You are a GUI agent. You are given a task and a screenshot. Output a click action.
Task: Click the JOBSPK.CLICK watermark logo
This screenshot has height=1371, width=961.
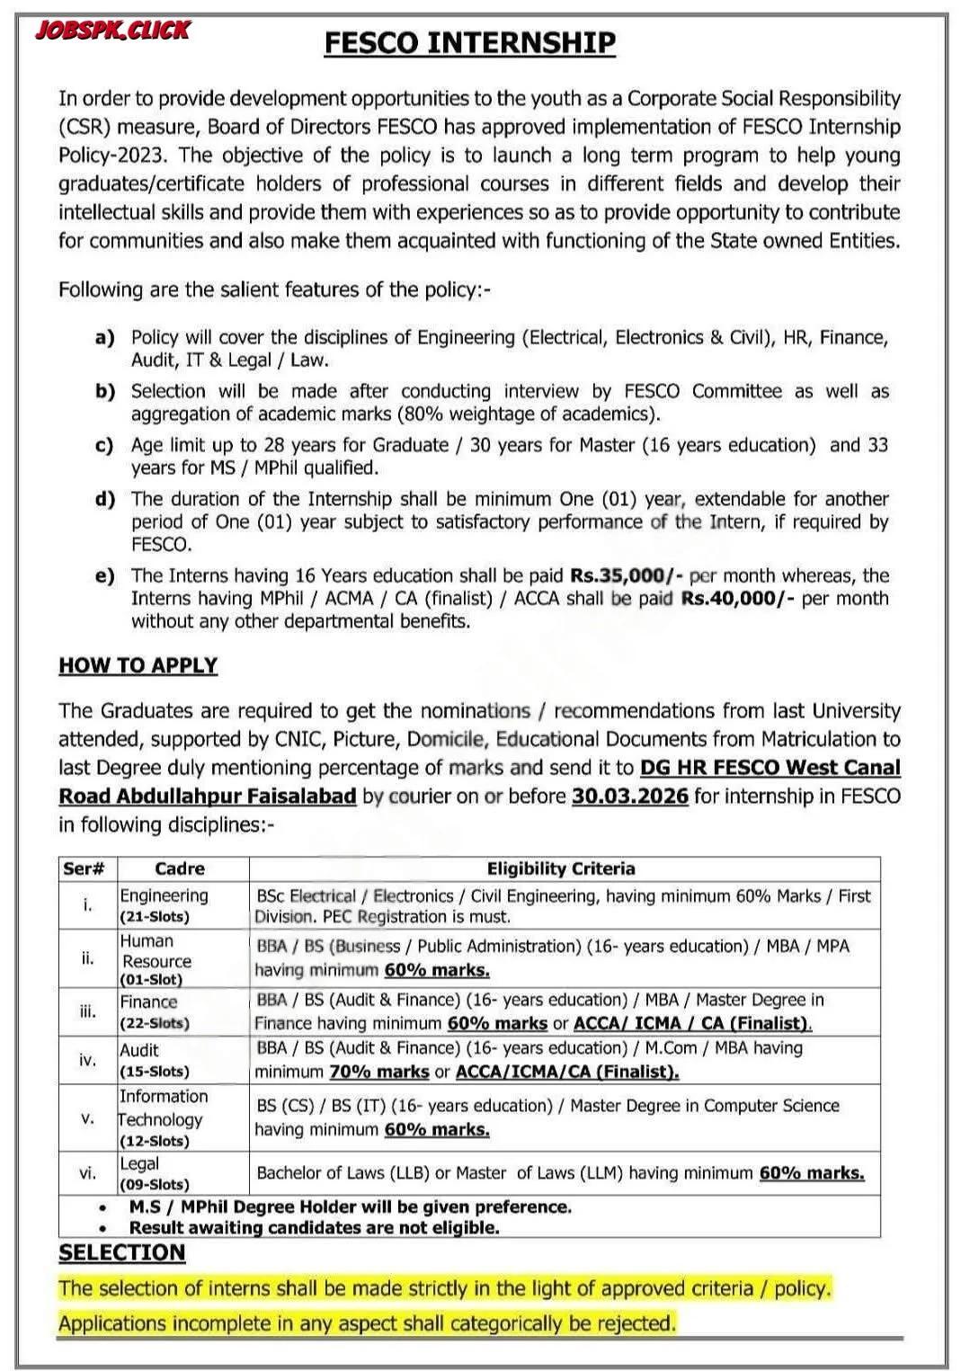pos(112,31)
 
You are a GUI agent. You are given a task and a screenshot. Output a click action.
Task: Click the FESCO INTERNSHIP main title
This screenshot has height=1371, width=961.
pos(469,43)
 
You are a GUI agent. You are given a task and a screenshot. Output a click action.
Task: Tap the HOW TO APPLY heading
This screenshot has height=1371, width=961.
pos(138,665)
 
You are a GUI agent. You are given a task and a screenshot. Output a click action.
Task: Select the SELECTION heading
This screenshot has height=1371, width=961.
pos(121,1252)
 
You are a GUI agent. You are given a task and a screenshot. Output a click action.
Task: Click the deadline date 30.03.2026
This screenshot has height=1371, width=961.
pos(629,797)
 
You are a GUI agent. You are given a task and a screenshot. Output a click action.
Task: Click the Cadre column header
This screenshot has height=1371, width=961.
pos(180,868)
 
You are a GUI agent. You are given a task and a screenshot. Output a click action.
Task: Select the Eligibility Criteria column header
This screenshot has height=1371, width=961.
pos(561,868)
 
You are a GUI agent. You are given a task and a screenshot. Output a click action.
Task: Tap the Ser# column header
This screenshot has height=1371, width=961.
pos(85,868)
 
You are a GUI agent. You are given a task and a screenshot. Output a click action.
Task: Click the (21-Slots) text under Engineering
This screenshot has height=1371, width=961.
pos(155,917)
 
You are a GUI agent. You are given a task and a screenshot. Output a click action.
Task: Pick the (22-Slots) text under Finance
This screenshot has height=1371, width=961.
pos(155,1023)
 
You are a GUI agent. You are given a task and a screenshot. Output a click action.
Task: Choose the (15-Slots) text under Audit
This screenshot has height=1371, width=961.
pos(155,1072)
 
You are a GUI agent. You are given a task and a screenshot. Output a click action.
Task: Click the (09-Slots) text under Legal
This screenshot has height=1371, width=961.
pos(155,1185)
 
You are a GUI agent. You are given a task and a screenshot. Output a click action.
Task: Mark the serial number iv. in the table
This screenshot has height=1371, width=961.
pos(87,1060)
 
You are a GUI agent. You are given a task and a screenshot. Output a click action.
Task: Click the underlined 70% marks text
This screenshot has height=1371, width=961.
pos(378,1072)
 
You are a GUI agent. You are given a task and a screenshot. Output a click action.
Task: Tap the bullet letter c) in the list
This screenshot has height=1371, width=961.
pos(104,445)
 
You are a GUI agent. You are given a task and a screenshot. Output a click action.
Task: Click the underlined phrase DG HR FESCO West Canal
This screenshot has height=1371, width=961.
pos(770,768)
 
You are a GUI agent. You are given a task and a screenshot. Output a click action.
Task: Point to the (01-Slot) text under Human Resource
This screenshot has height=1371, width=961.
pos(151,980)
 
